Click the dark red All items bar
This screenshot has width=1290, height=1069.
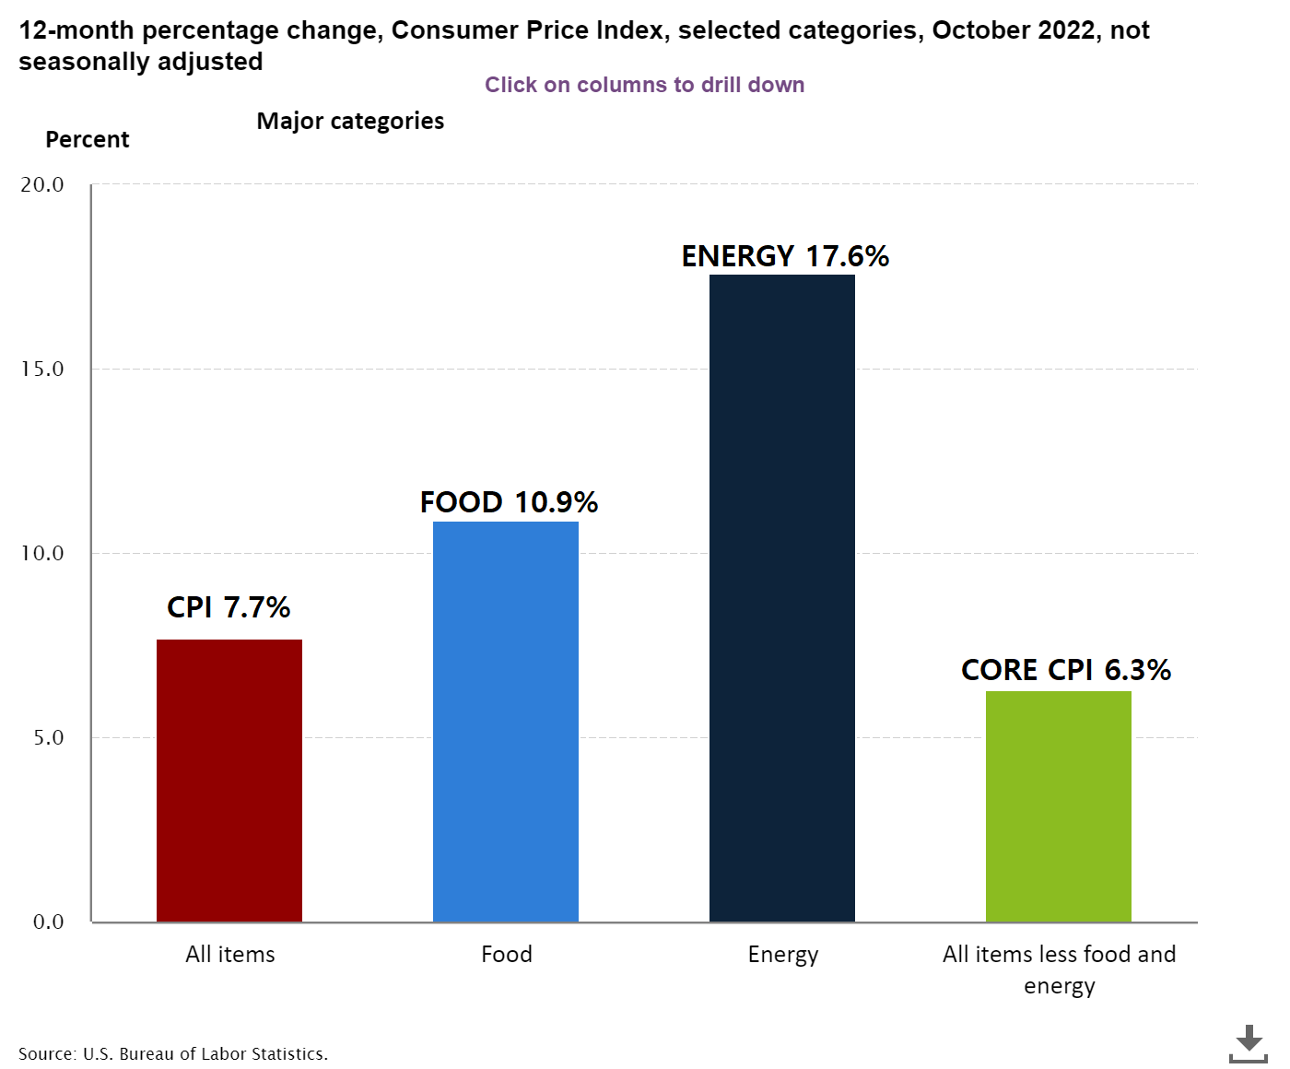tap(229, 781)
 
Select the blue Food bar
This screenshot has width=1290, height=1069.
tap(506, 722)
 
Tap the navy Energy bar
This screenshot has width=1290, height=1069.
tap(782, 598)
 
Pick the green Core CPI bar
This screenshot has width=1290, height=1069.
tap(1059, 806)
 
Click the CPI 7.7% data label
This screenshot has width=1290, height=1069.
tap(229, 607)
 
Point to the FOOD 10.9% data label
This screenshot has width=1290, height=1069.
tap(509, 502)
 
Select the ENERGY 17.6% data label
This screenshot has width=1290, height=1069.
tap(785, 256)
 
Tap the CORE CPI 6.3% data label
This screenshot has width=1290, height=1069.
tap(1065, 670)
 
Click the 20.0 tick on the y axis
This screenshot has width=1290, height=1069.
tap(42, 184)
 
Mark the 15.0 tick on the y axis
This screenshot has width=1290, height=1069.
tap(42, 369)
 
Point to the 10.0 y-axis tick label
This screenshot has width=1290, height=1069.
tap(42, 553)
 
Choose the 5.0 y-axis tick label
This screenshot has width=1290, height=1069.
tap(48, 737)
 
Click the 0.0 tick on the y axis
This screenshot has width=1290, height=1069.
tap(48, 922)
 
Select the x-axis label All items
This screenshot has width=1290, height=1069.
tap(230, 954)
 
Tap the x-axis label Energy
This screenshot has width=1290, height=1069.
tap(783, 954)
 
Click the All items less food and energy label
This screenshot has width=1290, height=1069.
tap(1059, 969)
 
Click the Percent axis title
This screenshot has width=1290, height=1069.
tap(88, 139)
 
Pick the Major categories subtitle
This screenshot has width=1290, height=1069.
tap(350, 121)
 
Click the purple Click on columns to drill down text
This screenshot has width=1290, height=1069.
tap(645, 85)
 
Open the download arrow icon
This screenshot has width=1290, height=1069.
tap(1249, 1043)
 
